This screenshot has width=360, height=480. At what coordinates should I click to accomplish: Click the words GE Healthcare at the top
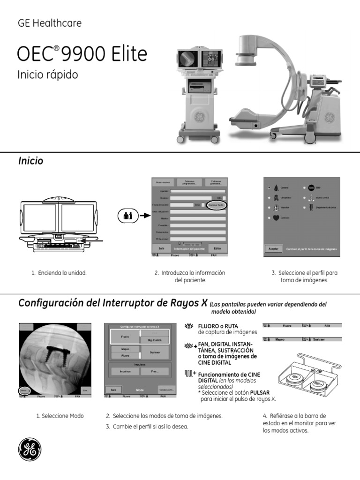click(49, 23)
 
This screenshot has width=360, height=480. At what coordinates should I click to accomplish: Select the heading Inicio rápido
click(47, 75)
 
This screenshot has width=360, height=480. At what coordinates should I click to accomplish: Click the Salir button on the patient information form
click(161, 248)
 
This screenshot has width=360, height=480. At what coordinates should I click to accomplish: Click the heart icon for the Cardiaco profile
click(276, 218)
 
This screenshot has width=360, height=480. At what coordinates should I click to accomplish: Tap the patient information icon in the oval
click(127, 216)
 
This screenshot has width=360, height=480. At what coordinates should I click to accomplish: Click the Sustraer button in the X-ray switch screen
click(155, 352)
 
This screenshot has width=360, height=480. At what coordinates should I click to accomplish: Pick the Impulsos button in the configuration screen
click(125, 371)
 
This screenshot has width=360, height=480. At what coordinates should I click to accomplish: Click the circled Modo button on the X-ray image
click(24, 390)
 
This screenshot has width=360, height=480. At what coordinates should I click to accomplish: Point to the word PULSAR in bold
click(260, 392)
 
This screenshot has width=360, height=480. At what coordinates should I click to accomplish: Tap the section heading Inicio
click(31, 161)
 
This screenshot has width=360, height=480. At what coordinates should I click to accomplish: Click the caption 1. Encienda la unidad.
click(59, 273)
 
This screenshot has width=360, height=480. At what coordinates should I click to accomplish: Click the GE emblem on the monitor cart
click(200, 116)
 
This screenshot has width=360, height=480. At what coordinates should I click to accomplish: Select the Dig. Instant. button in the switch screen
click(155, 339)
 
